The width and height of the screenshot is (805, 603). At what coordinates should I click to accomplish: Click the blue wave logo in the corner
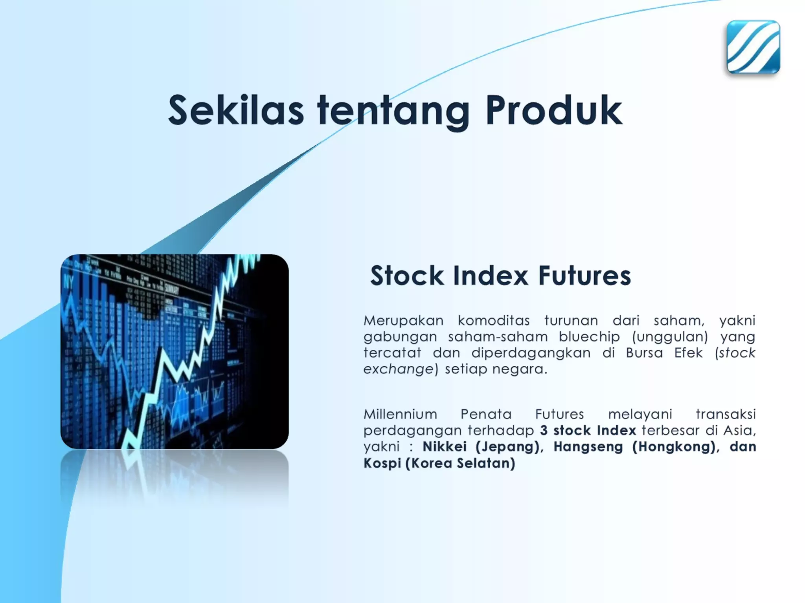click(753, 47)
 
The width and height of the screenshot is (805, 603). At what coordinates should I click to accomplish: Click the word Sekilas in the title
click(236, 110)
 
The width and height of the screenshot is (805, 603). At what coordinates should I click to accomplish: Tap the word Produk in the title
click(554, 110)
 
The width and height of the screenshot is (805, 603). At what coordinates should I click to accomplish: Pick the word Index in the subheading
click(491, 276)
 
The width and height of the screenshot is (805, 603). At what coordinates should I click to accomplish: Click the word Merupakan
click(403, 321)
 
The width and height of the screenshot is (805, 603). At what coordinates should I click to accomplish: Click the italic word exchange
click(398, 369)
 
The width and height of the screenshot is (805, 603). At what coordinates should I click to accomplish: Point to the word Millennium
click(400, 414)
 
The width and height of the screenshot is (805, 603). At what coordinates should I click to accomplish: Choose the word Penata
click(486, 414)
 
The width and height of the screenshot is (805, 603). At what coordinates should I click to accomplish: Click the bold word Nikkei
click(445, 446)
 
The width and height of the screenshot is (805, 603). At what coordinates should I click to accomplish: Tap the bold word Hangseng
click(588, 447)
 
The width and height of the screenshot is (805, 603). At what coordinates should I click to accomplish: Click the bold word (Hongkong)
click(673, 447)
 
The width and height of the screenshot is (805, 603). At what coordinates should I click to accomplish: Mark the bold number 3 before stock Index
click(544, 430)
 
